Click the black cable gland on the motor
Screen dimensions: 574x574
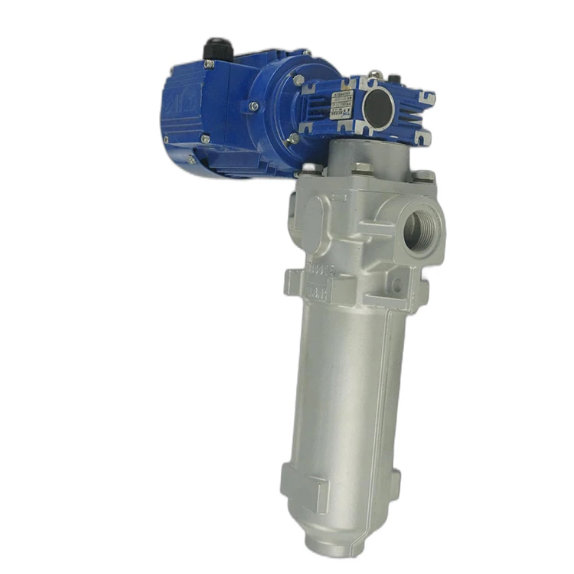tap(213, 50)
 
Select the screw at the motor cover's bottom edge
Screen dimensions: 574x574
tap(205, 139)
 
